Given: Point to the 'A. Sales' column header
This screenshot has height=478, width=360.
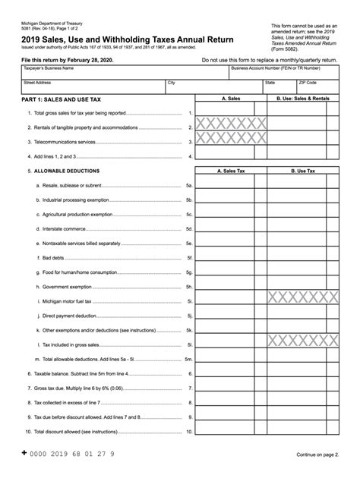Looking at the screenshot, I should [231, 99].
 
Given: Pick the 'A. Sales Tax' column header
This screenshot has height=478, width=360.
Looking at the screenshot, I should [231, 171].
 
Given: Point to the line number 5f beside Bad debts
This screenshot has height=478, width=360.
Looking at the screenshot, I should [189, 257].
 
